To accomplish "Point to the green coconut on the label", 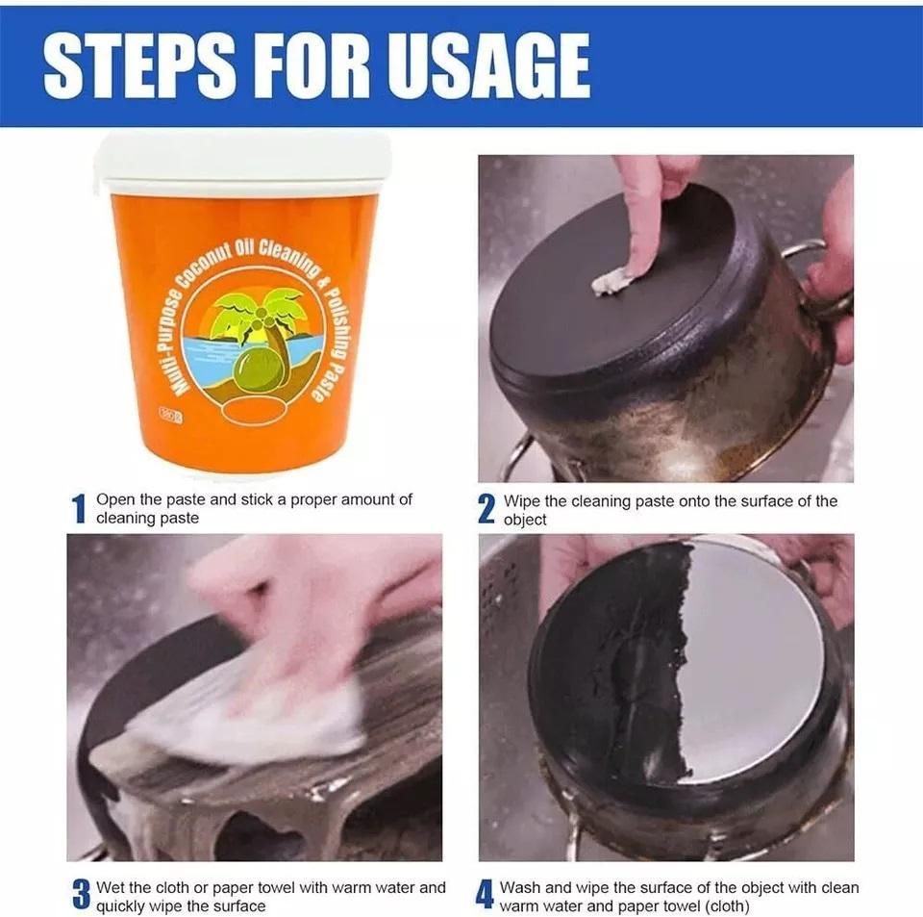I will click(260, 371).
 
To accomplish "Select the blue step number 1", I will click(80, 509).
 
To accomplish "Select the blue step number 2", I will click(486, 509).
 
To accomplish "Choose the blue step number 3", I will click(81, 896).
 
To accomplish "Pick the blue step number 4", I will click(486, 896).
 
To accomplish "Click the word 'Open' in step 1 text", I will click(114, 500).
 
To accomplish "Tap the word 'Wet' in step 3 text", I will click(111, 887).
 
